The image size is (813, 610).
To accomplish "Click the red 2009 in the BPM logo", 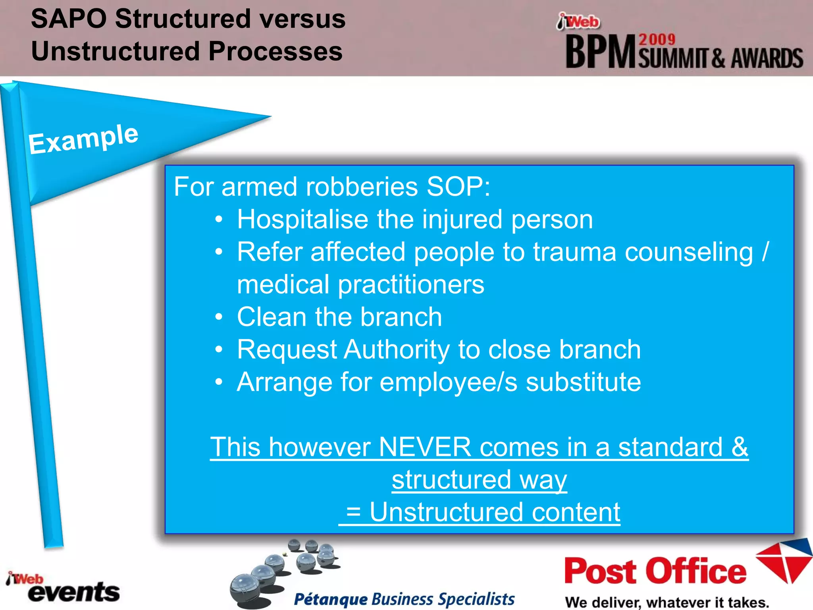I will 657,39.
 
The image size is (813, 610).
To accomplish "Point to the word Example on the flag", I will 83,139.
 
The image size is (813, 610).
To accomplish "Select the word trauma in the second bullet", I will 574,252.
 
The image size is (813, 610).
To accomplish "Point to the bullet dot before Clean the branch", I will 219,317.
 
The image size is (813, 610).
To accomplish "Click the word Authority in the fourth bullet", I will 397,350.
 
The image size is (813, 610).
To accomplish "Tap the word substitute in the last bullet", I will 583,382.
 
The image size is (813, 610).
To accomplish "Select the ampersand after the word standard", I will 740,447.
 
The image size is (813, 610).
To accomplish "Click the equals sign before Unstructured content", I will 353,512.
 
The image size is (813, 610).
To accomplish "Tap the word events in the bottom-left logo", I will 74,593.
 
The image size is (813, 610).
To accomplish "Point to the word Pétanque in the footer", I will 331,599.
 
